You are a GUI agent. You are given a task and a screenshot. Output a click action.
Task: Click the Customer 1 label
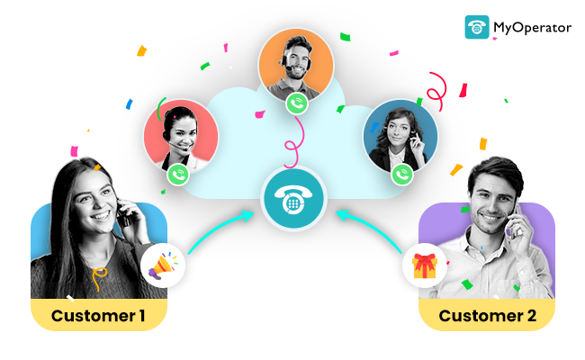click(x=98, y=315)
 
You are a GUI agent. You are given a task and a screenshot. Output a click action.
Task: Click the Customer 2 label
click(x=487, y=315)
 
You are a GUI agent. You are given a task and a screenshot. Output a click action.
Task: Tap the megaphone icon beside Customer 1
click(x=163, y=265)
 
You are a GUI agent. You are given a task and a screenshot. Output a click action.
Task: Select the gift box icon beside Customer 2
click(x=424, y=265)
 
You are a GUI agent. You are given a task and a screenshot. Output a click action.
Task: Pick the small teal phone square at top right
click(x=477, y=27)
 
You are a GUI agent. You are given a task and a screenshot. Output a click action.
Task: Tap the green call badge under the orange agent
click(x=297, y=103)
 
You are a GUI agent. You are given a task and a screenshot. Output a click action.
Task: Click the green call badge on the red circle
click(x=178, y=174)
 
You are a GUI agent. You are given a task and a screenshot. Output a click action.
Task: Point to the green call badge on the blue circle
click(x=402, y=174)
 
